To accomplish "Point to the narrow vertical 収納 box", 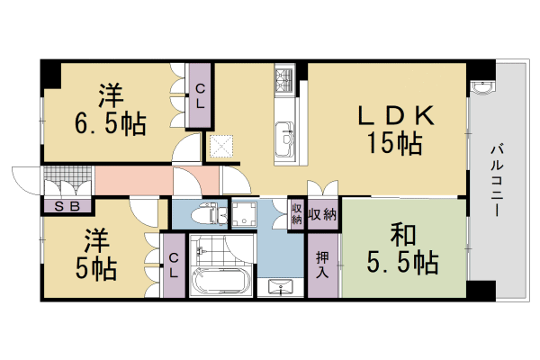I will pos(296,216).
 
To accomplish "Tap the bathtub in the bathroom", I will pos(219,282).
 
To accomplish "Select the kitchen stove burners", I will pos(284,80).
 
